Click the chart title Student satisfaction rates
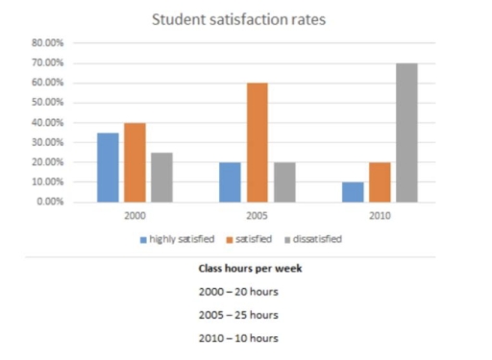tap(245, 19)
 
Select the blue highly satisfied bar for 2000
tap(107, 167)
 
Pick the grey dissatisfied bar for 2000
tap(160, 177)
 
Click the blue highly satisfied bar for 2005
tap(229, 182)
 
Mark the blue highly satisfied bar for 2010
tap(353, 192)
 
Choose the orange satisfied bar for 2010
tap(380, 182)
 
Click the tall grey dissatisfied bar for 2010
tap(406, 132)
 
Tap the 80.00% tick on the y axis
tap(49, 43)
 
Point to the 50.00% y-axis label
tap(49, 103)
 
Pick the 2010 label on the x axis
tap(380, 216)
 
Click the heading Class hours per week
tap(246, 270)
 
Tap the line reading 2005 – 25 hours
tap(246, 314)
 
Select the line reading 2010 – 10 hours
tap(246, 338)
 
